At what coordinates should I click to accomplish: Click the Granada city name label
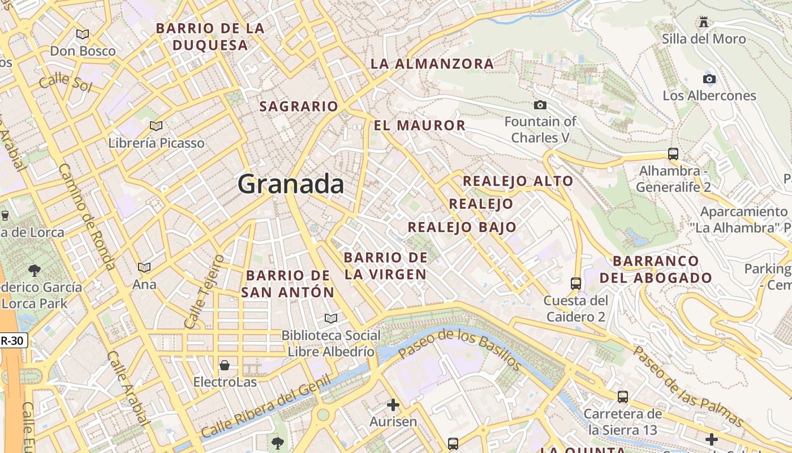click(291, 185)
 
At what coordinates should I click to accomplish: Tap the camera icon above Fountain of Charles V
click(540, 105)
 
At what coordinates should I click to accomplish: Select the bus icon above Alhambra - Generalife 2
click(673, 153)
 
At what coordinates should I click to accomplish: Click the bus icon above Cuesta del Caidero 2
click(576, 283)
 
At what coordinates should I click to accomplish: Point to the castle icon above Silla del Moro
click(704, 22)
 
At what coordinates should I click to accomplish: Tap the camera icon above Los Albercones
click(709, 79)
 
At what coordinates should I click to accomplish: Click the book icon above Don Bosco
click(83, 34)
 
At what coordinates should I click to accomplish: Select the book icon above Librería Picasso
click(156, 126)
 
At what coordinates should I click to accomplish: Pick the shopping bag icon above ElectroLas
click(225, 365)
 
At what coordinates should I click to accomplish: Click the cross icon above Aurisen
click(393, 405)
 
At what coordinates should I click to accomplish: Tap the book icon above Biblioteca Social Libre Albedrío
click(331, 319)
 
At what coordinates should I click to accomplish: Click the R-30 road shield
click(13, 341)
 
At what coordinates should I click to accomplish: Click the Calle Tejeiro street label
click(204, 291)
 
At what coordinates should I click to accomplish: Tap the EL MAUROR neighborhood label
click(419, 125)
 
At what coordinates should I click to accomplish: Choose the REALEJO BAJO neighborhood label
click(462, 227)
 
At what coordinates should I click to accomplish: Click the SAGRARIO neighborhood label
click(298, 106)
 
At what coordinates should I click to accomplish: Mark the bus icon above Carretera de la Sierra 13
click(623, 397)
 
